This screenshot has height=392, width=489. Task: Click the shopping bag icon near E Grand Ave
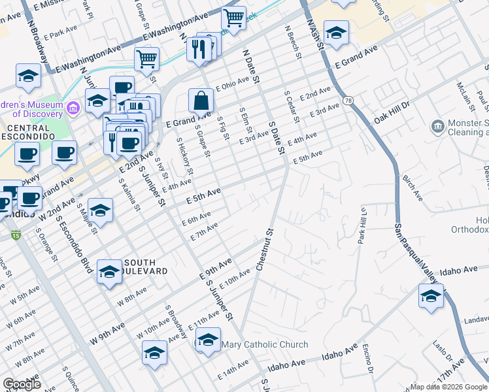pyautogui.click(x=201, y=101)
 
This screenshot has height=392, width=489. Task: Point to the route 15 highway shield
pyautogui.click(x=15, y=235)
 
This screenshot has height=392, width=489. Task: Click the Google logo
pyautogui.click(x=22, y=384)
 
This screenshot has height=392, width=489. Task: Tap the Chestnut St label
pyautogui.click(x=264, y=249)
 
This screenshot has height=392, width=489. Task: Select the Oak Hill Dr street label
pyautogui.click(x=392, y=112)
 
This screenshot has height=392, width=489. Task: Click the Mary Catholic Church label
pyautogui.click(x=265, y=344)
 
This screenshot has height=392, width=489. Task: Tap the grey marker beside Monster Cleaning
pyautogui.click(x=436, y=124)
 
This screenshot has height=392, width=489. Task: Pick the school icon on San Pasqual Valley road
pyautogui.click(x=431, y=296)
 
